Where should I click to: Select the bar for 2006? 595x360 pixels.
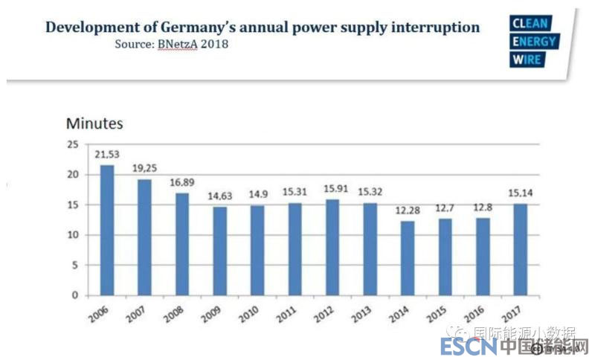tap(107, 230)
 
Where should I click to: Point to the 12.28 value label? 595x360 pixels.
tap(408, 210)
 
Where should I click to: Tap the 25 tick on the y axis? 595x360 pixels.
tap(72, 144)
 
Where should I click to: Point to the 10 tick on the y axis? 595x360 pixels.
tap(72, 235)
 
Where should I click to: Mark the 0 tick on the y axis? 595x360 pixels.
tap(75, 295)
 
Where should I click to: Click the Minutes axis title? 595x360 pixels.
tap(94, 123)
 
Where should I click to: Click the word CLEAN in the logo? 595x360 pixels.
tap(531, 24)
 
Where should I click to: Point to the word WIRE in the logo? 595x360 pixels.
tap(527, 60)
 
